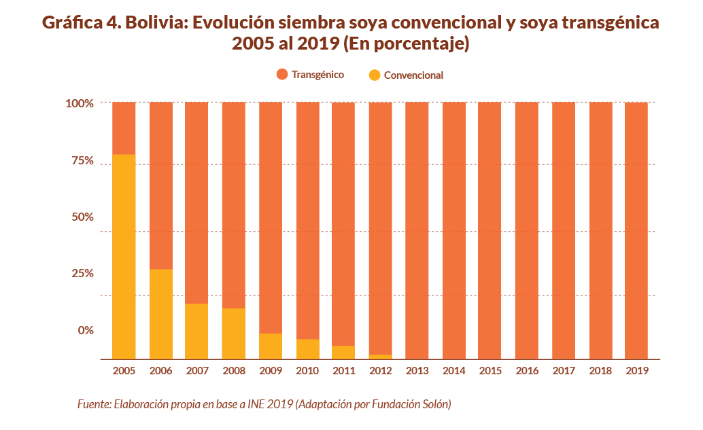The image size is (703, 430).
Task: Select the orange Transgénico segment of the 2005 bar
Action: (124, 128)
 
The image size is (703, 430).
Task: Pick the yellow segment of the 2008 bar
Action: (233, 333)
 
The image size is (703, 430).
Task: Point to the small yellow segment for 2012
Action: (380, 356)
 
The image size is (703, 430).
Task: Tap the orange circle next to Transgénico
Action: (282, 75)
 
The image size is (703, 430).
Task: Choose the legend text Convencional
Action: (413, 75)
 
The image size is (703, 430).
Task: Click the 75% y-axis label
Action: (82, 161)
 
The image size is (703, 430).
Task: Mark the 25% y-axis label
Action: (82, 273)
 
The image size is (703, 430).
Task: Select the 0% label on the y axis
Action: (85, 330)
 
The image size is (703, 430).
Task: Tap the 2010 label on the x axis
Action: (307, 371)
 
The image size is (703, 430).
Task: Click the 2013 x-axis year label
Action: (417, 371)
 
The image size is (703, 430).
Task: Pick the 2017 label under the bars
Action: (563, 371)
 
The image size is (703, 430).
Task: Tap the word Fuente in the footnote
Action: (93, 404)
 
